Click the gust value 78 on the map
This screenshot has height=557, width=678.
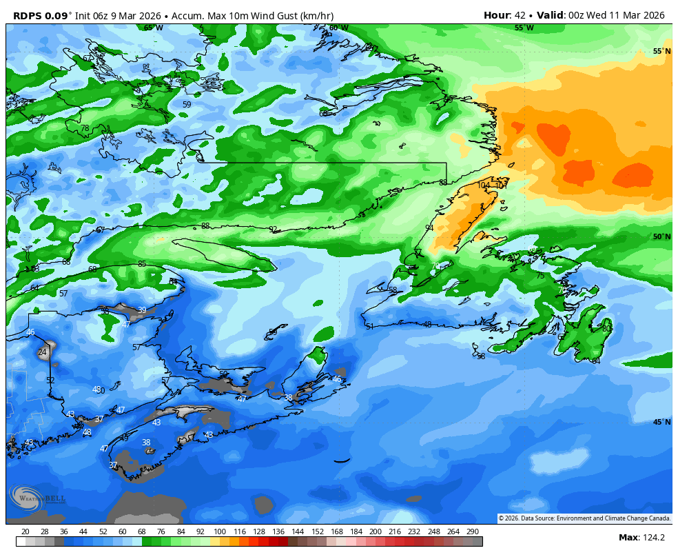coord(85,128)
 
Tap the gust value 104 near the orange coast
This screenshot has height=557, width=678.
coord(484,185)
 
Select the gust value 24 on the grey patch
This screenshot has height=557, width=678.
coord(43,352)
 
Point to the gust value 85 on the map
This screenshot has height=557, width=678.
coord(142,264)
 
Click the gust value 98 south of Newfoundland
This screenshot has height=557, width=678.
coord(481,356)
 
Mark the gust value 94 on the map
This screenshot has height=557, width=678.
coord(429,227)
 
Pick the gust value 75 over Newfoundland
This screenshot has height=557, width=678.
coord(540,276)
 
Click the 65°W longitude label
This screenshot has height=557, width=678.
coord(154,28)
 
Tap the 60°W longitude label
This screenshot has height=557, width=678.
coord(338,28)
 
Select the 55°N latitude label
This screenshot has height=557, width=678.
coord(661,52)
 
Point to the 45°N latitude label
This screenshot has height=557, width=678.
coord(661,422)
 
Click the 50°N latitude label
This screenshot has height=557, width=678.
coord(661,237)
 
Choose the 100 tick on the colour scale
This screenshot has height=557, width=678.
coord(220,531)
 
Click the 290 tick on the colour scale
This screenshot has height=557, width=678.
coord(472,531)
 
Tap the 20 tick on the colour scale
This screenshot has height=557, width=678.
coord(25,531)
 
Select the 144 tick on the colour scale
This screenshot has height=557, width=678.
coord(298,531)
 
